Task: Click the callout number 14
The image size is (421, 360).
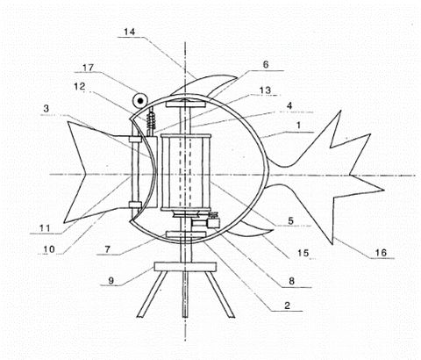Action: [130, 32]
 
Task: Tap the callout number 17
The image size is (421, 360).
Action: [88, 68]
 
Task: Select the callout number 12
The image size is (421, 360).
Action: [79, 86]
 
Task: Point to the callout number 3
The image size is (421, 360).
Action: [46, 109]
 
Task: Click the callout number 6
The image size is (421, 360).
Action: [266, 64]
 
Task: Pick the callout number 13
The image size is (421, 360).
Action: [265, 90]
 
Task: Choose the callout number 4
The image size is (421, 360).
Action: [289, 105]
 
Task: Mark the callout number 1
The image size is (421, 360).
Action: [298, 126]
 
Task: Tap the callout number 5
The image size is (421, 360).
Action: [290, 220]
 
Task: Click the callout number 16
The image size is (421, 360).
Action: [381, 252]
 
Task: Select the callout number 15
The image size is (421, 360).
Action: [303, 253]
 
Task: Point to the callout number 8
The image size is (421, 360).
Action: [291, 281]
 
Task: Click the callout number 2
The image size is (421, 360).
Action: [288, 306]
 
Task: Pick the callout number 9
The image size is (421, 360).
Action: [111, 281]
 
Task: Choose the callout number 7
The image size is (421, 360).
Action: [108, 249]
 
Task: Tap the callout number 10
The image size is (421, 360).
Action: [49, 249]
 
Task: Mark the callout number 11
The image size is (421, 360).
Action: [45, 227]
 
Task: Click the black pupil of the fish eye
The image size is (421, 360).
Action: [140, 101]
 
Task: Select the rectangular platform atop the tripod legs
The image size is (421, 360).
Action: [185, 267]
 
